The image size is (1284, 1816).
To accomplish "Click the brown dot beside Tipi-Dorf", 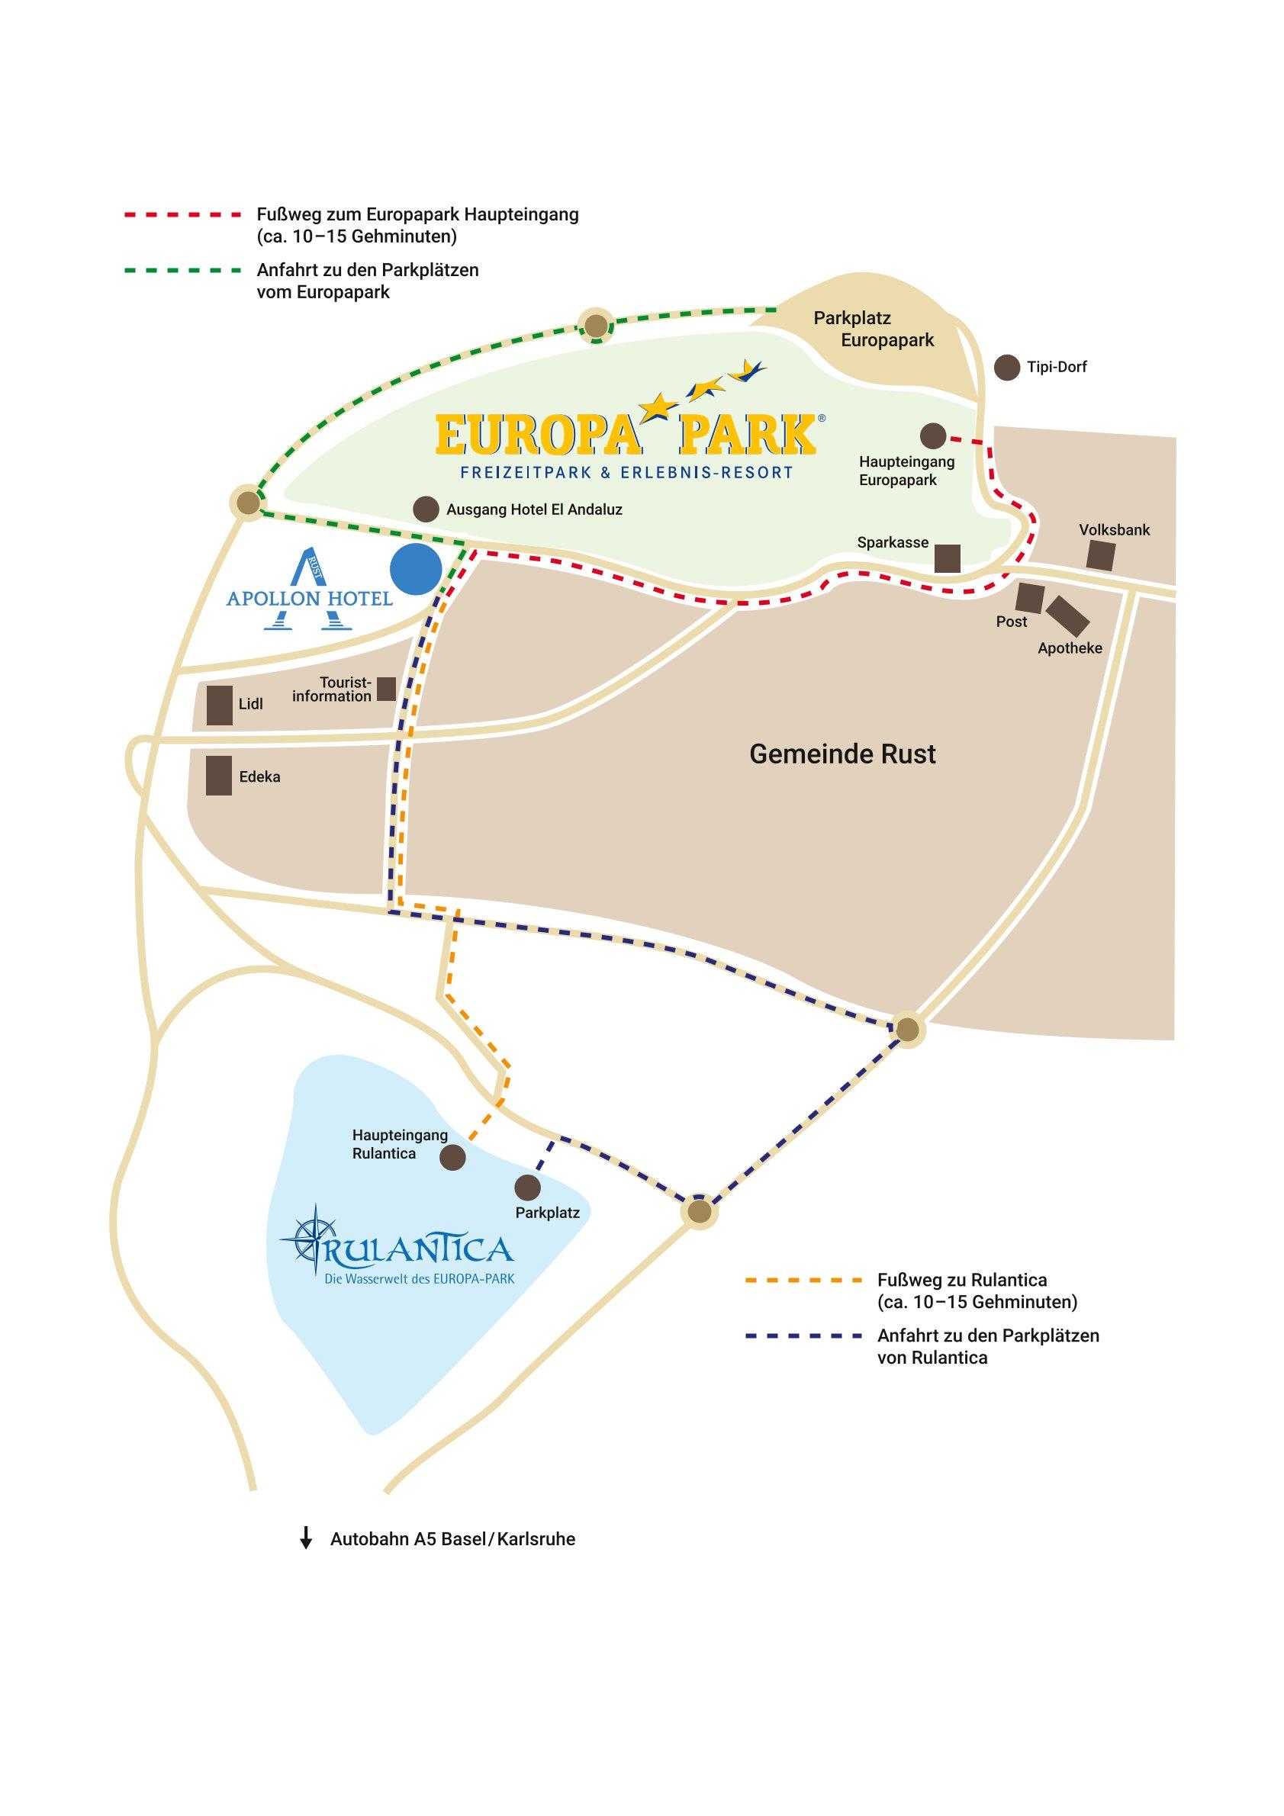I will pos(1006,368).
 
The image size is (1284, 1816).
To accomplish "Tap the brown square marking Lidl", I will pos(219,705).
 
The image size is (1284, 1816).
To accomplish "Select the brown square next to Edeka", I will pos(218,775).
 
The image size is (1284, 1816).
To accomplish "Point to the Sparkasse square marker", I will pos(947,558).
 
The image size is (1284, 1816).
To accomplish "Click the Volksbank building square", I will pos(1100,556).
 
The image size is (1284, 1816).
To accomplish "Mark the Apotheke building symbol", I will pos(1068,616).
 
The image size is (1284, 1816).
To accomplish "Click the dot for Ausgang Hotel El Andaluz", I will pos(426,509).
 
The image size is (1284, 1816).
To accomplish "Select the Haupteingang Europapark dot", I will pos(934,436).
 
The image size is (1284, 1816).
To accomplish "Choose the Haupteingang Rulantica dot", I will pos(452,1159).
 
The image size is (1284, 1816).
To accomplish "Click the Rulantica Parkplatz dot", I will pos(528,1188).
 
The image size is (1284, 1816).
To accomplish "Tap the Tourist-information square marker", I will pos(386,688).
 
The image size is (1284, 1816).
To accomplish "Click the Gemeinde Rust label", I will pos(842,754).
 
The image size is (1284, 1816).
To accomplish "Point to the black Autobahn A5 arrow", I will pos(305,1538).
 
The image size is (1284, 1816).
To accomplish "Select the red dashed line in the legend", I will pos(182,214).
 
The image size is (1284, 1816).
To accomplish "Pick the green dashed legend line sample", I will pos(182,270).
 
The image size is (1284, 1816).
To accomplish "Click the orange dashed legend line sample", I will pos(803,1279).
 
